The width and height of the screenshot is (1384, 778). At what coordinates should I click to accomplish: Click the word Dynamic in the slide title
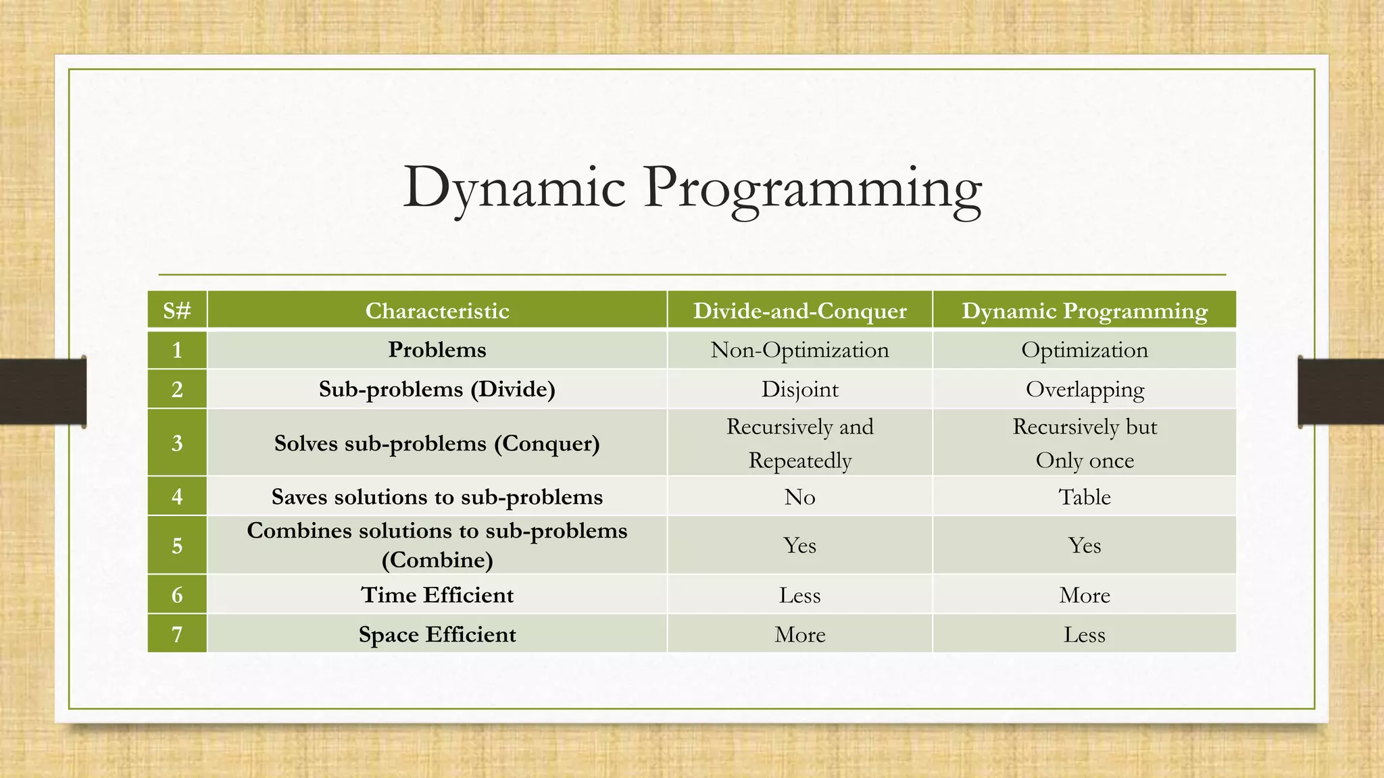tap(514, 188)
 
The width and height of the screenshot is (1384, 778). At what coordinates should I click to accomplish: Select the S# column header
tap(177, 311)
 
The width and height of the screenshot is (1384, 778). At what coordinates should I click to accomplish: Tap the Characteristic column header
tap(437, 311)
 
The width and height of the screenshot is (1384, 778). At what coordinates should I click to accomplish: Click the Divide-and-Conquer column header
tap(799, 311)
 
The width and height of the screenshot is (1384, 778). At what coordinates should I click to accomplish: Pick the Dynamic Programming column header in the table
tap(1084, 311)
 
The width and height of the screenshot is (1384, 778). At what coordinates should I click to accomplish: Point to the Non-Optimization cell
tap(799, 350)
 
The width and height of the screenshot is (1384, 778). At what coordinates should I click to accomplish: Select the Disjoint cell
tap(799, 390)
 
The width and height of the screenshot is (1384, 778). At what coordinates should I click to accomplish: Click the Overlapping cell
tap(1084, 390)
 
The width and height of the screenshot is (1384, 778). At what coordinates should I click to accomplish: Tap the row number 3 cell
tap(177, 443)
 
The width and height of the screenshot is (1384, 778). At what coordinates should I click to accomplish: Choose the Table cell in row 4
tap(1084, 497)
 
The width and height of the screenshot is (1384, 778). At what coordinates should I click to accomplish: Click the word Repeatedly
tap(799, 461)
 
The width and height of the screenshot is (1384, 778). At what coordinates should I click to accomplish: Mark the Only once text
tap(1084, 461)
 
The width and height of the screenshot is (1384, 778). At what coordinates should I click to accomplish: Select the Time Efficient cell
tap(437, 595)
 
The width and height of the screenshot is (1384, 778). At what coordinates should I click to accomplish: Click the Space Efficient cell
tap(437, 635)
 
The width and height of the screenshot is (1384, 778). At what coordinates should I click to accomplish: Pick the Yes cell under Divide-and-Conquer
tap(799, 546)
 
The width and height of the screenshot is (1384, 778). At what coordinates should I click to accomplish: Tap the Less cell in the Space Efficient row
tap(1084, 635)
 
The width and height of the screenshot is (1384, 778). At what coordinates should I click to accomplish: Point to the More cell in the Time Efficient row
tap(1084, 595)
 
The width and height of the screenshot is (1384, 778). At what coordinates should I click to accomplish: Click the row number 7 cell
tap(177, 635)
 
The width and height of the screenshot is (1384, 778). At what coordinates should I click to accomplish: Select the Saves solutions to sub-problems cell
tap(437, 497)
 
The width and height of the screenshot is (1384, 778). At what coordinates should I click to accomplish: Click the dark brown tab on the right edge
tap(1341, 392)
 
